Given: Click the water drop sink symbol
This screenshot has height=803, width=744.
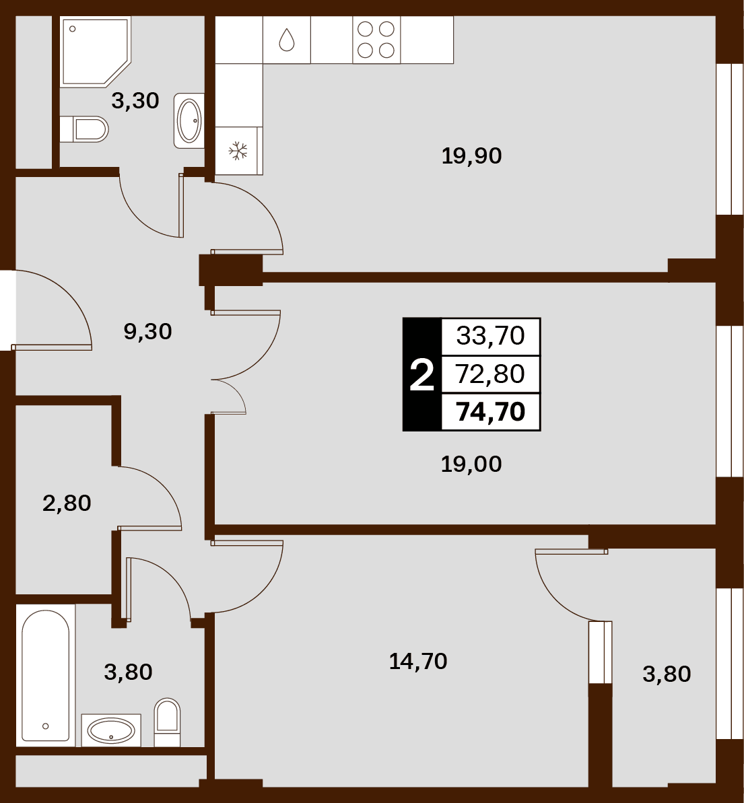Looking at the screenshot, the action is click(286, 40).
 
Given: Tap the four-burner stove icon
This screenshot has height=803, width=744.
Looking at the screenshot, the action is click(376, 40).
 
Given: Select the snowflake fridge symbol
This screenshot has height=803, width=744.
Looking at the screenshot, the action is click(238, 151).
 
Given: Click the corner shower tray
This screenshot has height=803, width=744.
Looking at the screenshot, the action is click(95, 52).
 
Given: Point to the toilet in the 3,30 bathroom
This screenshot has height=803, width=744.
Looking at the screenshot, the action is click(84, 129).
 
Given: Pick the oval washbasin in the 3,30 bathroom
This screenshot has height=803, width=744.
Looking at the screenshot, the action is click(189, 121).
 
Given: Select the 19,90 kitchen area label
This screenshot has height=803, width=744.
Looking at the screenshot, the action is click(471, 155).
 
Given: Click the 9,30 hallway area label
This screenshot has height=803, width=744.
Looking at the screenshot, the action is click(147, 332).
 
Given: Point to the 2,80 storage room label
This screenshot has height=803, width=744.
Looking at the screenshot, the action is click(67, 503).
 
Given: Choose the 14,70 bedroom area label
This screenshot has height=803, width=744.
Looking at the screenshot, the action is click(418, 662).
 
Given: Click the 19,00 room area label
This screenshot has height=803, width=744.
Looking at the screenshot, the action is click(471, 464).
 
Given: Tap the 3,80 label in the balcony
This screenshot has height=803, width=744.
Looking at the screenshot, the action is click(667, 674).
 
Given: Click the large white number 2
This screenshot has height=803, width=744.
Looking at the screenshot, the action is click(421, 376).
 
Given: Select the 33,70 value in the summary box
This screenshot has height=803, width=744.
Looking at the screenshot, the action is click(490, 336).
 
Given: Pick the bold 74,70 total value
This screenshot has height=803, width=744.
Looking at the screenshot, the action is click(490, 412).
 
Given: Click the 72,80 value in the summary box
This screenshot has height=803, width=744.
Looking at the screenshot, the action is click(490, 374).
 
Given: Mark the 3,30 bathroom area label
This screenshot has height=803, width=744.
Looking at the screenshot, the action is click(135, 101).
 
